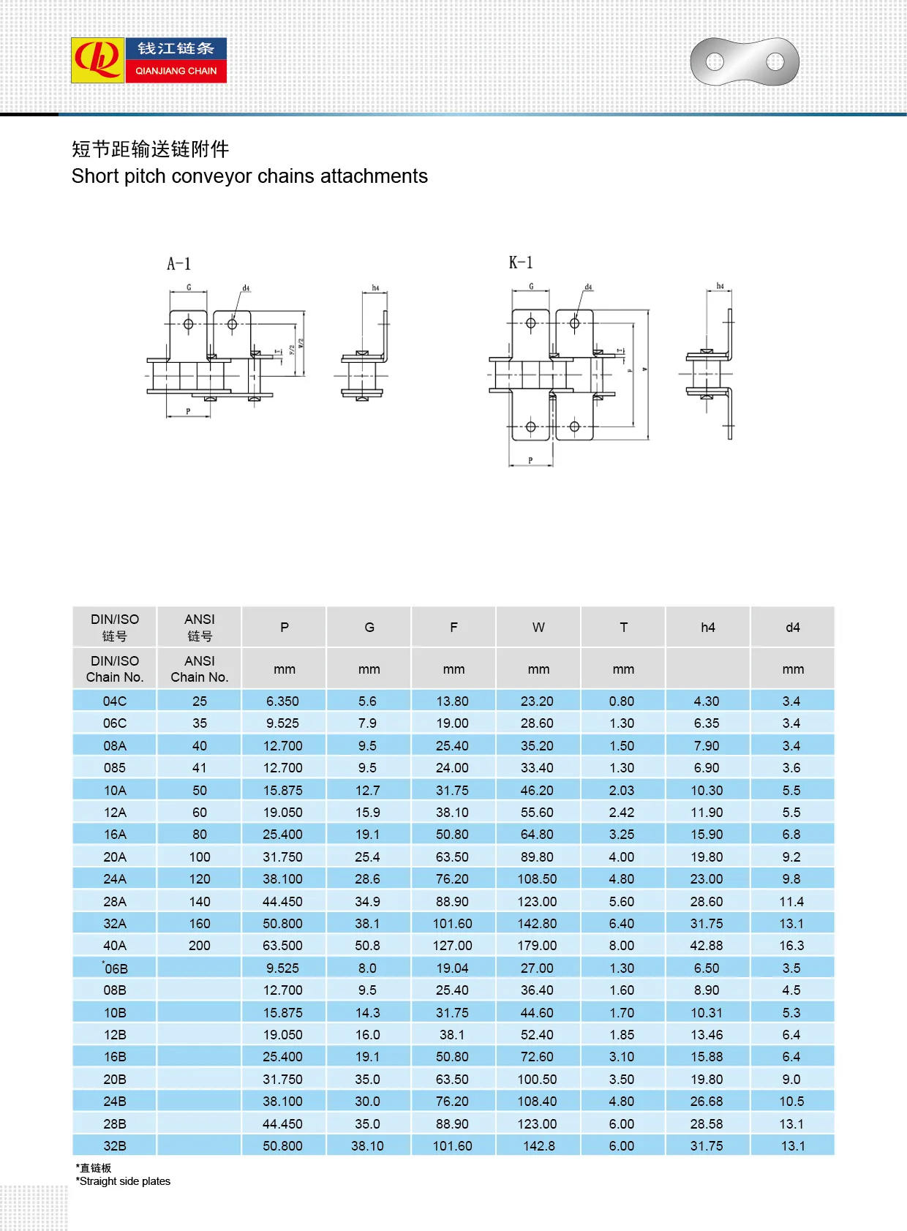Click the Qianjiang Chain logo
click(x=148, y=60)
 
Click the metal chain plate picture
click(x=745, y=61)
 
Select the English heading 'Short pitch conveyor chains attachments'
click(x=249, y=176)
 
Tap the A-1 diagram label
click(x=178, y=264)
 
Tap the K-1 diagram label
click(x=521, y=263)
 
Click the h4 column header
click(x=707, y=627)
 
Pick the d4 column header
click(x=792, y=627)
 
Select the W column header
click(x=538, y=627)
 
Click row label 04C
click(x=115, y=701)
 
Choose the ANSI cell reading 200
click(x=199, y=945)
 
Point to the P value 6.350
click(x=282, y=701)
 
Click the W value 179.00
click(x=537, y=945)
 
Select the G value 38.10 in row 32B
click(x=367, y=1145)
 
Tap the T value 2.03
click(x=622, y=790)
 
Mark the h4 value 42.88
click(x=707, y=945)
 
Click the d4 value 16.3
click(x=791, y=945)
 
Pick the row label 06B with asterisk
click(x=115, y=968)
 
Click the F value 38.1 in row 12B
click(x=452, y=1034)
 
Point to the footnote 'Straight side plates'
click(x=124, y=1181)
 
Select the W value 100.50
click(x=537, y=1079)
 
